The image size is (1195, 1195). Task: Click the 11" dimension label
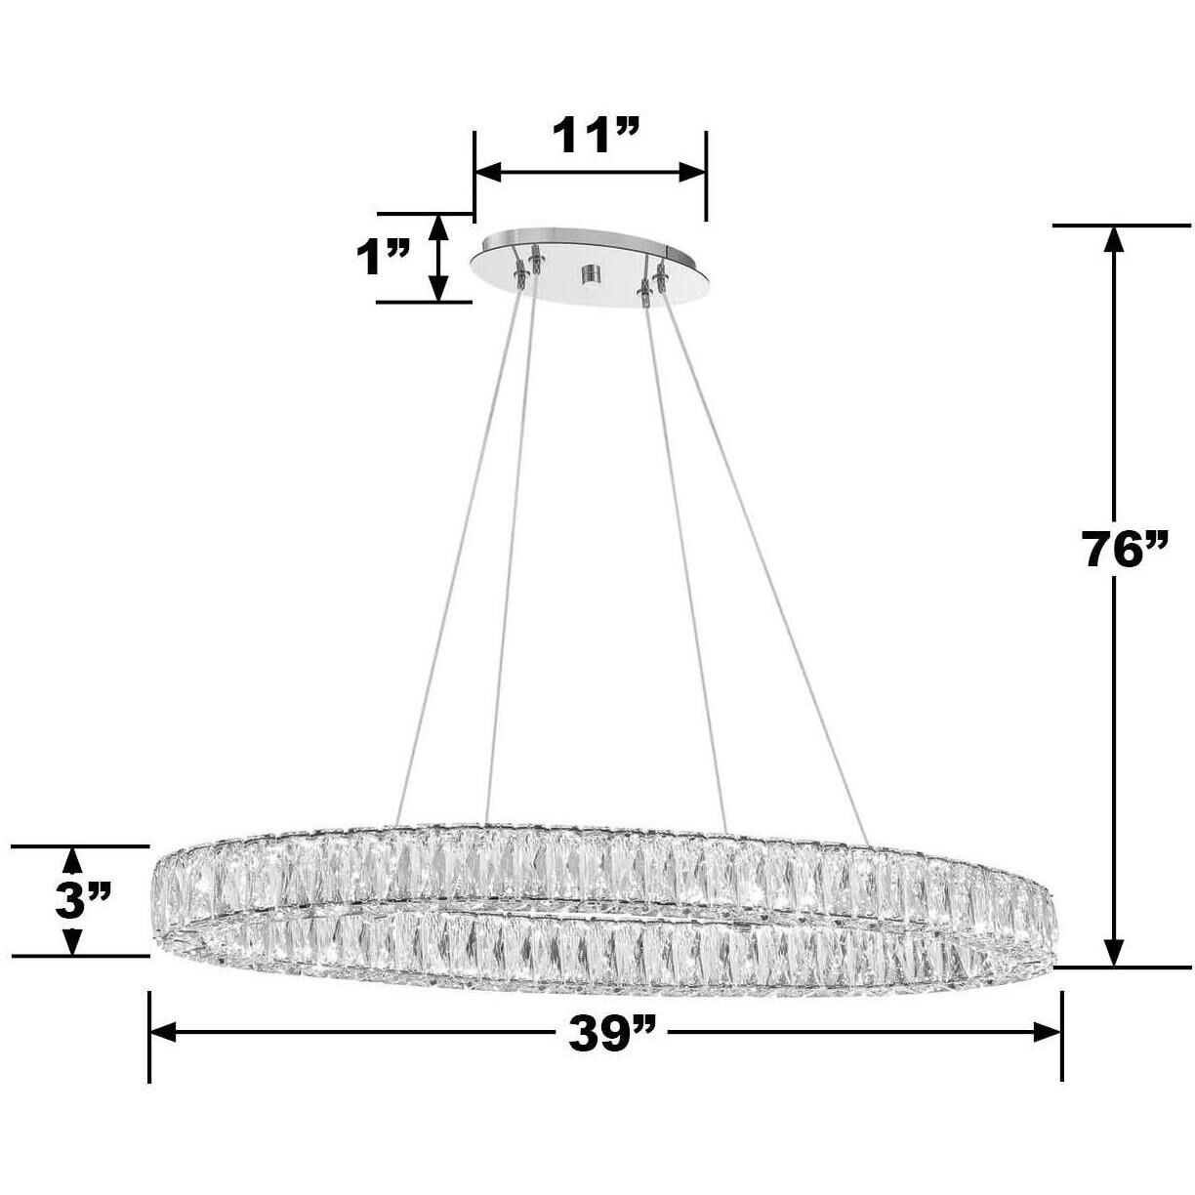click(x=596, y=135)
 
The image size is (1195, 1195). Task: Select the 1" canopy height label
click(x=382, y=260)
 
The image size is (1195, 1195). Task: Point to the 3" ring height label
click(x=84, y=900)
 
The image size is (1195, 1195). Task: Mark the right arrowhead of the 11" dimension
click(x=693, y=173)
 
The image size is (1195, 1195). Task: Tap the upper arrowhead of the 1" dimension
click(x=439, y=226)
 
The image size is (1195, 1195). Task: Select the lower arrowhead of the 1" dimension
click(x=439, y=289)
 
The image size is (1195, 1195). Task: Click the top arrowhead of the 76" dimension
click(x=1114, y=240)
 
